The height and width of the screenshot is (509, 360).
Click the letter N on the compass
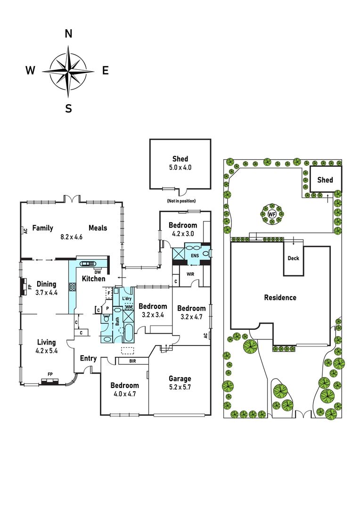[68, 33]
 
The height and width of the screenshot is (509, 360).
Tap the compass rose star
[68, 71]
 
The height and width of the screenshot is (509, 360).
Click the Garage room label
[180, 378]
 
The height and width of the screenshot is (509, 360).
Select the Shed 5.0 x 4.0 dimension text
[180, 167]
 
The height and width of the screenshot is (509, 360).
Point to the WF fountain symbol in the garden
[271, 214]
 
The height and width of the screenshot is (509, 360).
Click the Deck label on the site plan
[294, 258]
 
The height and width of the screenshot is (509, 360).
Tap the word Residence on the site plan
[280, 297]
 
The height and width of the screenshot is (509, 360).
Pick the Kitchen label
[94, 279]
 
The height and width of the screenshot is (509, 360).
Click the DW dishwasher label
[98, 272]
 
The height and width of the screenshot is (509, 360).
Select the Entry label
[88, 358]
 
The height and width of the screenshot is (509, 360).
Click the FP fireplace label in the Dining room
[29, 287]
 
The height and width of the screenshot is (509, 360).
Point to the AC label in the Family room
[25, 231]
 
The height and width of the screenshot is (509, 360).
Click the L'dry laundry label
[127, 299]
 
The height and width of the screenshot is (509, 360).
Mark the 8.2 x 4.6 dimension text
[72, 237]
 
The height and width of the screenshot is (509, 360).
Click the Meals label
[98, 228]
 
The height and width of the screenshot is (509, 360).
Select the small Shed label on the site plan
[325, 180]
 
